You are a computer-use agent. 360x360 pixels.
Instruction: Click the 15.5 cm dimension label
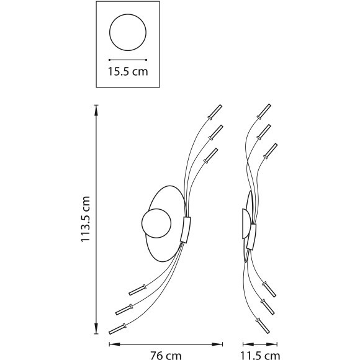128,71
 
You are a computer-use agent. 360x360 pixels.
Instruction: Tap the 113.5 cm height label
85,219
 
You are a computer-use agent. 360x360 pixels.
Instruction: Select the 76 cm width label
166,355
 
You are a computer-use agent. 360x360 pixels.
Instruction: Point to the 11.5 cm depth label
260,356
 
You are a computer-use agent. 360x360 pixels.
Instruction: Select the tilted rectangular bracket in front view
186,230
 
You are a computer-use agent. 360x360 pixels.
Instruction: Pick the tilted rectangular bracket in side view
251,237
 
